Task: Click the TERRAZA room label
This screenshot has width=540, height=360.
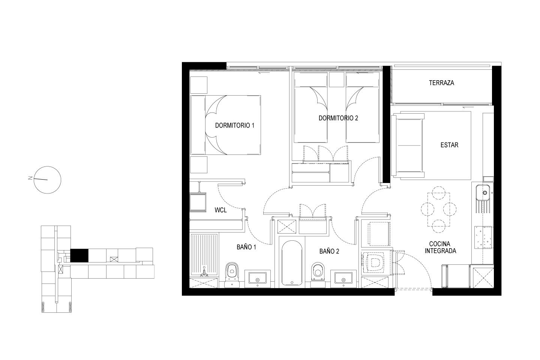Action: point(441,83)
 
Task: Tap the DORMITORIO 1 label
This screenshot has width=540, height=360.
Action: point(235,125)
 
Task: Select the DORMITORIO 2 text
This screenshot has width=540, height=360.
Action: point(338,118)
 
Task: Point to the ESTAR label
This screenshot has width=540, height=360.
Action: point(449,145)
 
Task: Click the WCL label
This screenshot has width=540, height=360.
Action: point(220,210)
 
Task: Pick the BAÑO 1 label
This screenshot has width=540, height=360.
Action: point(246,247)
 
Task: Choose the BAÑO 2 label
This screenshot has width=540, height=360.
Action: point(329,251)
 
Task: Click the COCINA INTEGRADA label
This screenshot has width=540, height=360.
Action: point(440,247)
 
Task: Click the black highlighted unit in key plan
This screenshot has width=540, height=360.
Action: point(79,256)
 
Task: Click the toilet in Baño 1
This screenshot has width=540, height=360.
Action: point(232,275)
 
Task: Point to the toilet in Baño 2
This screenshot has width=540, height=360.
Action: point(318,275)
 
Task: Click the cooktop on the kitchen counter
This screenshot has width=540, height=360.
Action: point(483,237)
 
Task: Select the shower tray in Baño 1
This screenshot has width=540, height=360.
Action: point(205,255)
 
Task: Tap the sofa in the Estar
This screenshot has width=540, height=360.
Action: point(407,145)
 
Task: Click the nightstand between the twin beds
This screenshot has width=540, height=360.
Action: point(336,79)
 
